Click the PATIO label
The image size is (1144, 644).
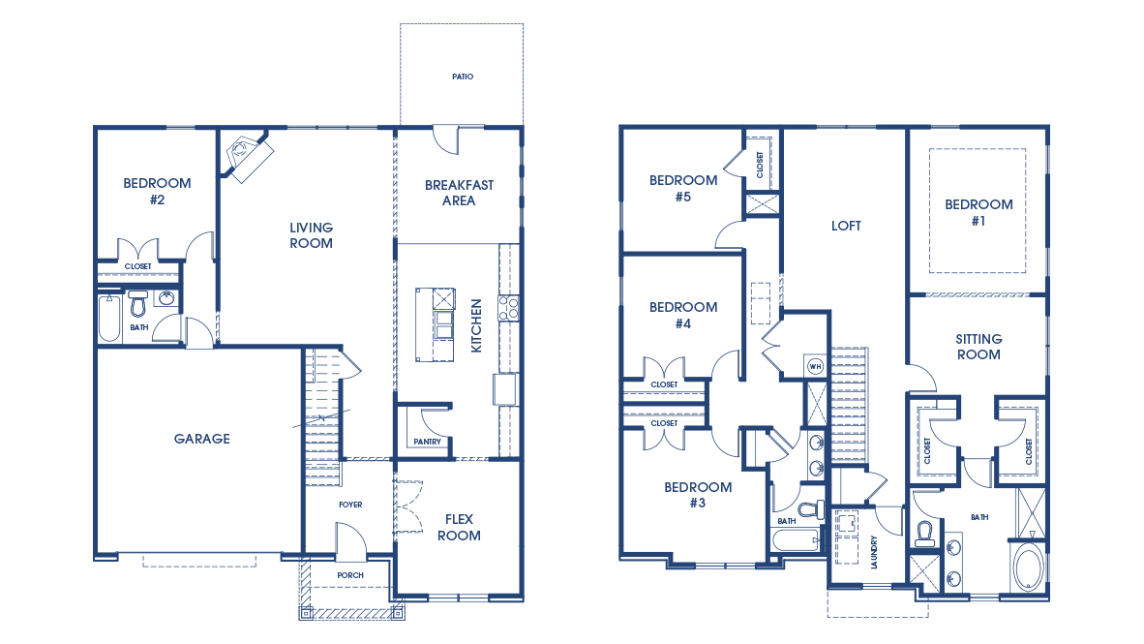tap(462, 76)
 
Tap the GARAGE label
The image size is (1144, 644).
tap(201, 439)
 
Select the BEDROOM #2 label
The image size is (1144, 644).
tap(157, 191)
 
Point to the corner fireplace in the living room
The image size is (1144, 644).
tap(247, 154)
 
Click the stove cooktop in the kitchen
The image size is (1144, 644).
tap(508, 308)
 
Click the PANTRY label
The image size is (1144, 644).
tap(426, 443)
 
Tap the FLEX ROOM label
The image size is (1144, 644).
tap(459, 527)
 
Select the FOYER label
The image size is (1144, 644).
tap(349, 505)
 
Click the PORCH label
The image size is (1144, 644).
tap(349, 575)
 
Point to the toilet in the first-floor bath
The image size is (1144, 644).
tap(137, 303)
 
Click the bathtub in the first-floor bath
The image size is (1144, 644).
tap(109, 319)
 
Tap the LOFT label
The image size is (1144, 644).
tap(846, 226)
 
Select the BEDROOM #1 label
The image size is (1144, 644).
tap(978, 212)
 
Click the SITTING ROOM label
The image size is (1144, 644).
tap(978, 347)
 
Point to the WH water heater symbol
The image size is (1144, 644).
tap(815, 366)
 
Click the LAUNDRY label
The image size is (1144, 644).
tap(874, 553)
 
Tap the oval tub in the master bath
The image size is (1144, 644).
tap(1027, 566)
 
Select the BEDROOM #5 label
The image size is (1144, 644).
tap(683, 188)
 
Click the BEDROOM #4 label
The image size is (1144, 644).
tap(683, 315)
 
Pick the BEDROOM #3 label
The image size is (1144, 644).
tap(698, 495)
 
